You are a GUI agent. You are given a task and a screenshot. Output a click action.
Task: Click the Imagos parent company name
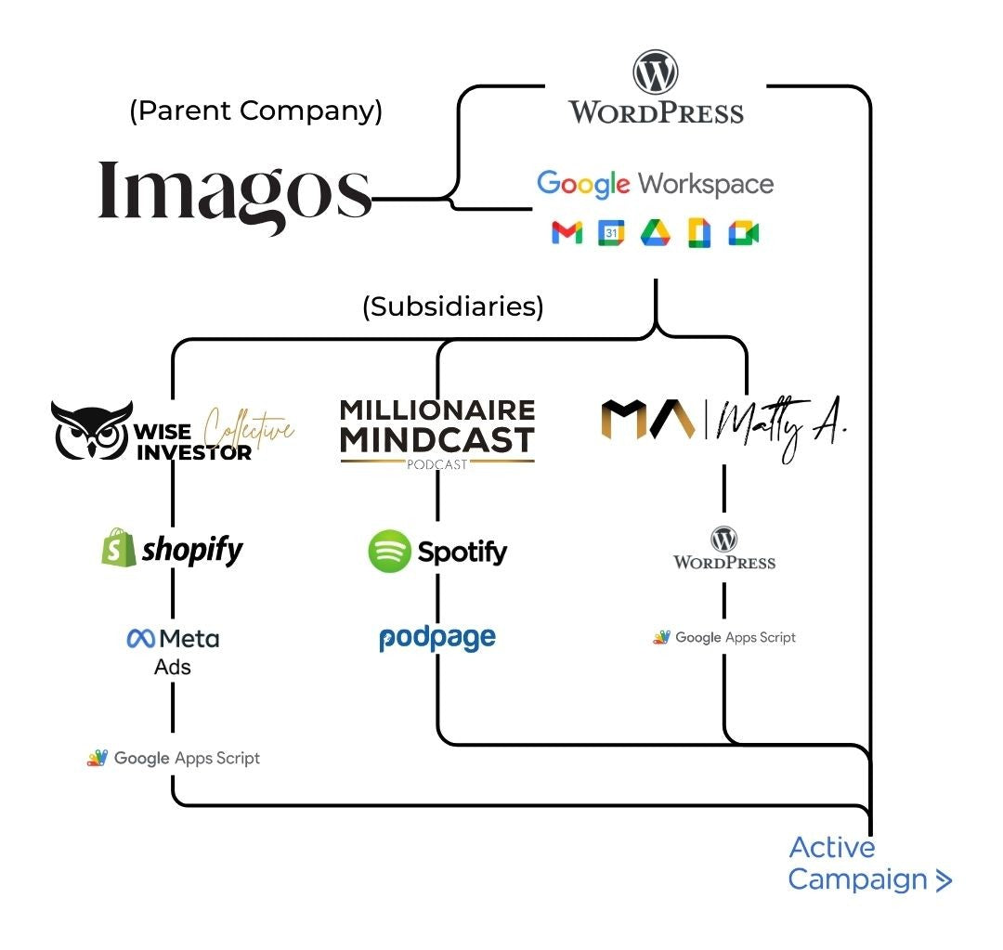[234, 190]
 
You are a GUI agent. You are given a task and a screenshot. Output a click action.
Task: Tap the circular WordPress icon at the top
[656, 72]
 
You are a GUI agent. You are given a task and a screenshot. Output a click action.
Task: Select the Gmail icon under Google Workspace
[567, 233]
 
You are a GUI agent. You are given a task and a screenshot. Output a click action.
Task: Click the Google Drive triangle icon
[655, 233]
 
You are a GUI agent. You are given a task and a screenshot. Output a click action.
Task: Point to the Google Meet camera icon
[743, 233]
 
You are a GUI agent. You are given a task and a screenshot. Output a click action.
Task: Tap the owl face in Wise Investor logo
[91, 430]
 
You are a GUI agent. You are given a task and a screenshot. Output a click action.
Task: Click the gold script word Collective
[248, 429]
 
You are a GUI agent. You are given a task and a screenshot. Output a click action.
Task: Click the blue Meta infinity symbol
[140, 639]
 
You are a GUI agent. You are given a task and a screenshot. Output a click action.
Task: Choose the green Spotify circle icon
[389, 552]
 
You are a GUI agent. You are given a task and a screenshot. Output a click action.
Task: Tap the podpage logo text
[437, 638]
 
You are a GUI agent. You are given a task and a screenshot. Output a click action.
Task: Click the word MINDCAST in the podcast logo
[436, 439]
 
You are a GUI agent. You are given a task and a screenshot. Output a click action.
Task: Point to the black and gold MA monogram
[647, 419]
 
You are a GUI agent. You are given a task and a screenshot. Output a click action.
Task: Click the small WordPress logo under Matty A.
[724, 548]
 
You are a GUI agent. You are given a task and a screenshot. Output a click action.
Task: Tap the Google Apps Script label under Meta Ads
[174, 758]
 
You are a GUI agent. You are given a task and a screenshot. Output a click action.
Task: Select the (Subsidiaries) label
[452, 306]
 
